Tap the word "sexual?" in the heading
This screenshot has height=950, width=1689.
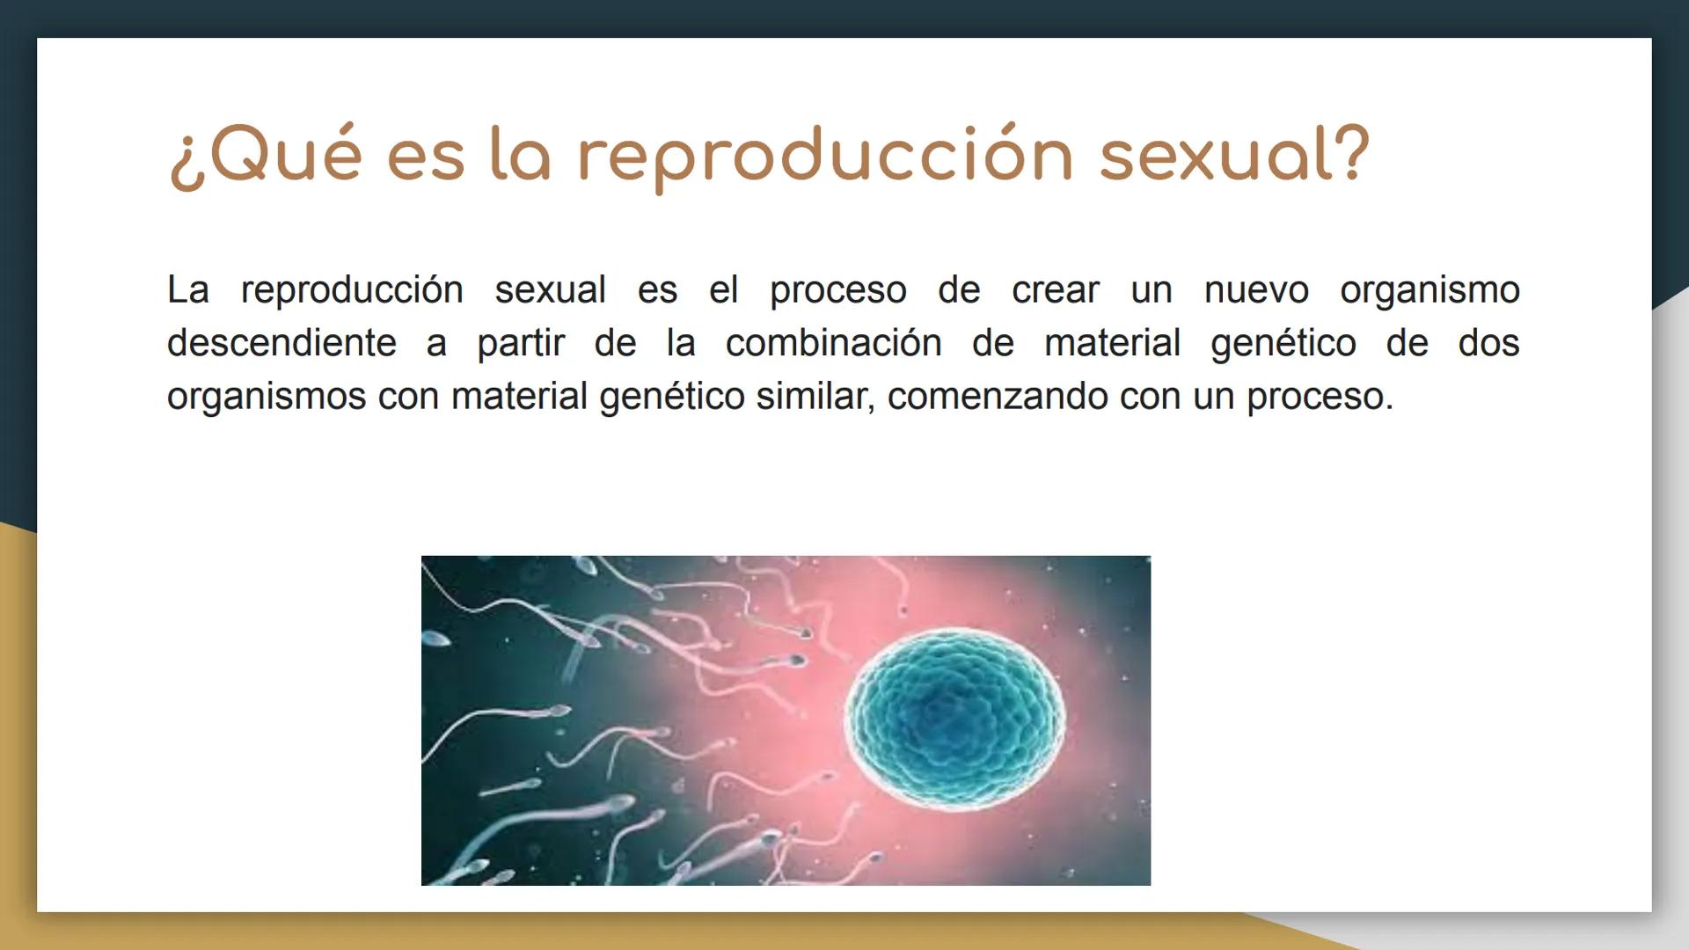pos(1234,156)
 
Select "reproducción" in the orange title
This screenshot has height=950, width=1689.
pos(825,156)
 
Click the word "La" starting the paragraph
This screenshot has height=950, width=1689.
pos(188,290)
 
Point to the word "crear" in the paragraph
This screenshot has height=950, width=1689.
pos(1055,290)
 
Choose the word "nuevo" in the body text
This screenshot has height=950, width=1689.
pos(1255,290)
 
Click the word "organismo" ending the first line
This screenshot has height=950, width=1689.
pos(1429,290)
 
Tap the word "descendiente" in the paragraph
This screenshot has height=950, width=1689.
pos(281,343)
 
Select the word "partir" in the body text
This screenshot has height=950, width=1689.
pos(520,343)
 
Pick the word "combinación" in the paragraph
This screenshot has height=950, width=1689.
pos(833,343)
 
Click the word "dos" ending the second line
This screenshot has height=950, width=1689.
pos(1488,343)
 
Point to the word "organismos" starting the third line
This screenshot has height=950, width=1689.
pos(266,397)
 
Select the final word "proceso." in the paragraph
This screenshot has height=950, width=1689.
pos(1320,397)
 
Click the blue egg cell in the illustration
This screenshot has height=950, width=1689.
pos(954,717)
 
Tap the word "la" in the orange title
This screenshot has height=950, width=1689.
pos(519,156)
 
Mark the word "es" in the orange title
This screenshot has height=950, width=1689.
pos(425,156)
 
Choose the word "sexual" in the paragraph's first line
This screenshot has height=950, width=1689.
pos(550,290)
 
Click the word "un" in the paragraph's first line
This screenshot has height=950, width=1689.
pos(1152,290)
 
